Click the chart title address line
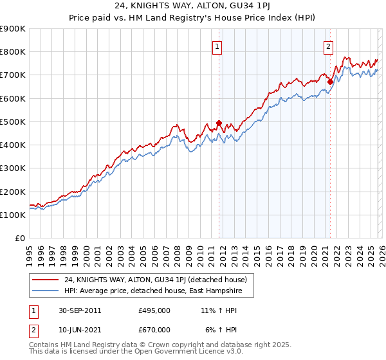coord(192,7)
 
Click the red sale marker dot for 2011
coord(219,123)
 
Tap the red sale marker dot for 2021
coord(330,82)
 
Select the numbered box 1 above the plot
coord(217,46)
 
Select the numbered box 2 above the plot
coord(329,46)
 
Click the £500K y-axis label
coord(13,122)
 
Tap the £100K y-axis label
coord(13,215)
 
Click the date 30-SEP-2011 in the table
coord(78,310)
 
